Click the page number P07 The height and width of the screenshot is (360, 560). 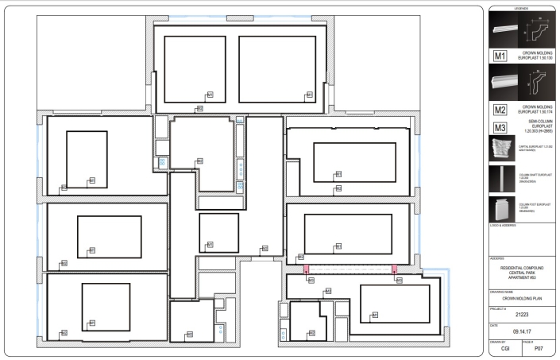538,350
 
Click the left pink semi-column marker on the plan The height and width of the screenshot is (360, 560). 305,271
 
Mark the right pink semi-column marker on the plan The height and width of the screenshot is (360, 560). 394,271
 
